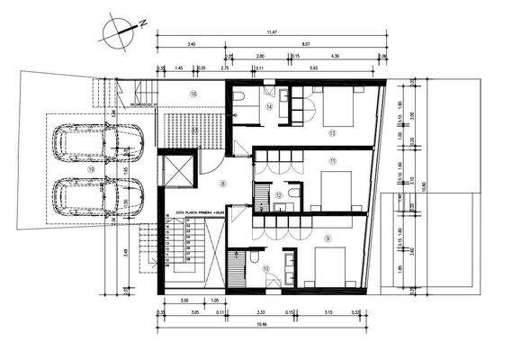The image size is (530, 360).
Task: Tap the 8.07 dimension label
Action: (305, 43)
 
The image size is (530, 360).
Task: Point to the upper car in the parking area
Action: (97, 142)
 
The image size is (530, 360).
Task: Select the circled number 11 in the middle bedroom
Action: (332, 161)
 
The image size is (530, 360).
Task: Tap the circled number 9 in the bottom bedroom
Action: (328, 238)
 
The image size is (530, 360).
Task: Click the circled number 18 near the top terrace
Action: (193, 93)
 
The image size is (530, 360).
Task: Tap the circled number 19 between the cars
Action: (91, 168)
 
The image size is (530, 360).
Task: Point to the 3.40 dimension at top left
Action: (191, 43)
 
